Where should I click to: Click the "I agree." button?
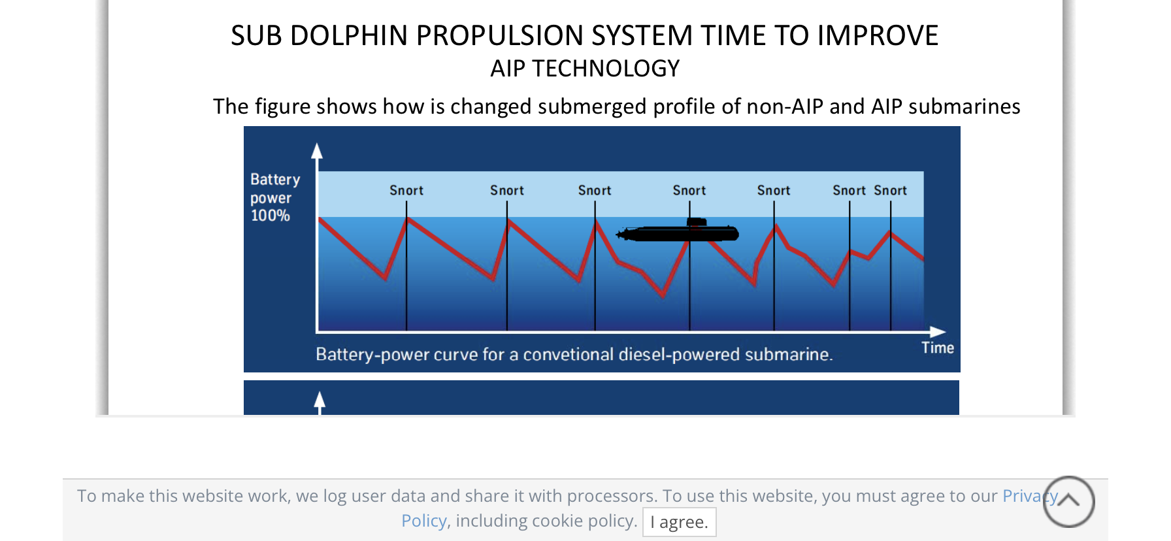679,522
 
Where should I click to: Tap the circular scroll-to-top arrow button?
1068,501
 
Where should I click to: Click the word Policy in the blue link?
423,521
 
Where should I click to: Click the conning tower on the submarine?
697,222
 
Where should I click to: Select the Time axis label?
937,348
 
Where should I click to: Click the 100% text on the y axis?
270,216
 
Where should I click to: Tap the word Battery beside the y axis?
275,179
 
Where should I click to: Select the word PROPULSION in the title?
554,36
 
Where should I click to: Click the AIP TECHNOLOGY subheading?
585,69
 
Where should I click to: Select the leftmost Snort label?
406,190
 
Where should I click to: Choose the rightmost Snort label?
890,190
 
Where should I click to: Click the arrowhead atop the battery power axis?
317,151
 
